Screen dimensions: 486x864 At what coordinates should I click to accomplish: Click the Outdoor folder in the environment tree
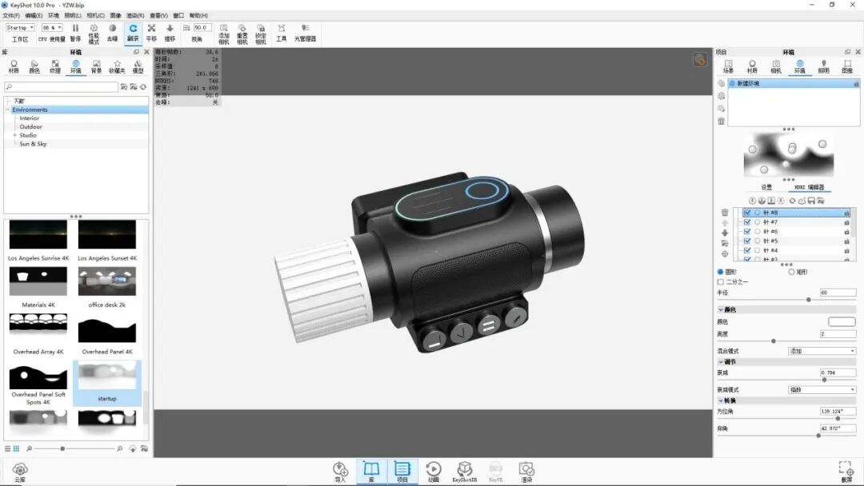[x=31, y=126]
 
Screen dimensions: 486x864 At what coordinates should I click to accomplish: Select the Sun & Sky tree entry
[x=34, y=144]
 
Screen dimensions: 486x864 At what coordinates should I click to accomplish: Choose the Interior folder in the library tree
[x=30, y=118]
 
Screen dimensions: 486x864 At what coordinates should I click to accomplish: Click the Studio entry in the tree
[x=28, y=135]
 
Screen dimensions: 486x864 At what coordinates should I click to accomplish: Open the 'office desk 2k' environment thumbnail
[x=107, y=282]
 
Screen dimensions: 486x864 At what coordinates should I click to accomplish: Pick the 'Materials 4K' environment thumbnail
[x=38, y=282]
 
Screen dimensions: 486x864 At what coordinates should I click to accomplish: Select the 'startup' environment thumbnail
[x=107, y=380]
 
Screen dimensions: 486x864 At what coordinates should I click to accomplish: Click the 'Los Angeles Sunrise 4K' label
[x=38, y=258]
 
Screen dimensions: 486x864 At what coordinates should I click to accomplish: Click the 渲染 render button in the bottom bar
[x=526, y=471]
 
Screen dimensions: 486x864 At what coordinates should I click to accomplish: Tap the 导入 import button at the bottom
[x=341, y=471]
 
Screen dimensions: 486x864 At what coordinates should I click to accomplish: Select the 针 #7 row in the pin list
[x=771, y=222]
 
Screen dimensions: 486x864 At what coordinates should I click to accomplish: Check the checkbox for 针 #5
[x=747, y=241]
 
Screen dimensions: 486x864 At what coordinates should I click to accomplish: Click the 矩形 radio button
[x=792, y=272]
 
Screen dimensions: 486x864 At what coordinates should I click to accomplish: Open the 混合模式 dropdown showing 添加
[x=822, y=351]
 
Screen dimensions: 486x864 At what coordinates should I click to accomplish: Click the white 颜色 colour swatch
[x=842, y=321]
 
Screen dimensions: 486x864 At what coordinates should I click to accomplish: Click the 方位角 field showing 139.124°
[x=838, y=411]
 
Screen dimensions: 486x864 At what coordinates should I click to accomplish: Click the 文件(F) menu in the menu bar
[x=11, y=15]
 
